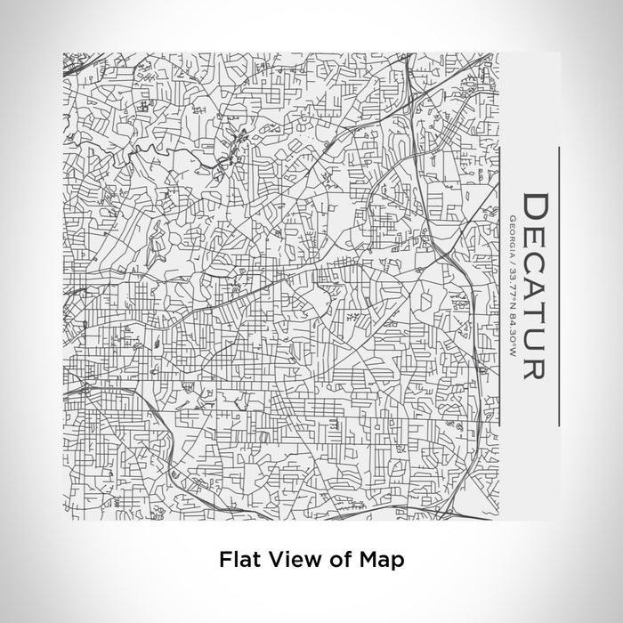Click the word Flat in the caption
coord(239,560)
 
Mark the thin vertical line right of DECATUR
coord(558,286)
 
